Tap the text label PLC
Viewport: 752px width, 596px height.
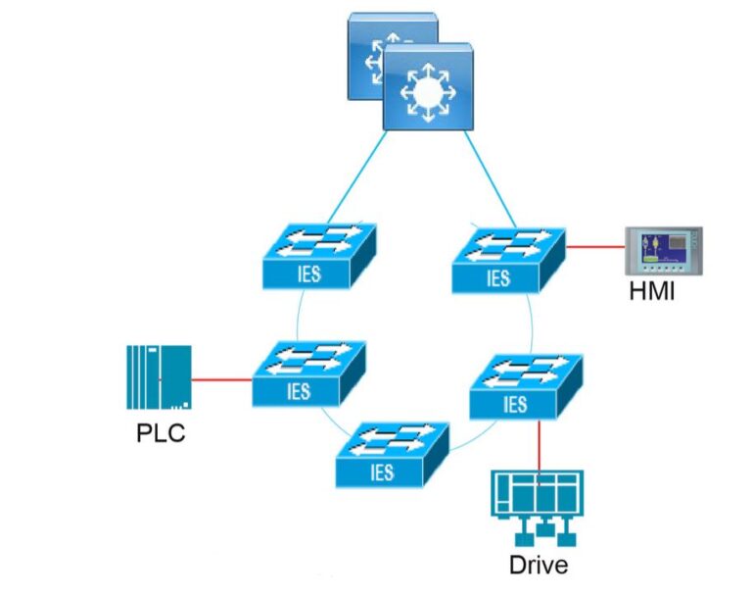click(161, 432)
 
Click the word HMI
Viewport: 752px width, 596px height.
click(654, 293)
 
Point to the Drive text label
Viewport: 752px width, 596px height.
click(538, 566)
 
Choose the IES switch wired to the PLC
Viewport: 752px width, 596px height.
click(308, 374)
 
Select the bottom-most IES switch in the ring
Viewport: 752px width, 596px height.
click(392, 456)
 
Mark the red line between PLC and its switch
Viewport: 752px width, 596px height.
click(222, 378)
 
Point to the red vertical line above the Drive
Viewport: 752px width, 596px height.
click(540, 445)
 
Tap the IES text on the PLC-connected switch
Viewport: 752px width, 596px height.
click(299, 391)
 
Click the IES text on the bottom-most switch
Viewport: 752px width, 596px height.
click(382, 472)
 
